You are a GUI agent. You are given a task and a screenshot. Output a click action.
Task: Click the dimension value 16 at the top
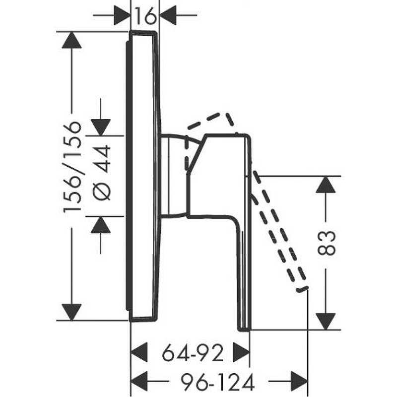click(x=145, y=16)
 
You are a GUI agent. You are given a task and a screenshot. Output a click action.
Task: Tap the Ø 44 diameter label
click(x=102, y=173)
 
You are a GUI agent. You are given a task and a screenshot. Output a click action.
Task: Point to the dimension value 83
click(x=326, y=243)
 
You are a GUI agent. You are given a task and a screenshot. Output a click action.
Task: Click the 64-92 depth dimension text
click(x=193, y=353)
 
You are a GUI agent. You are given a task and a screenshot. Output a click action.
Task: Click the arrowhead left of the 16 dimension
click(x=122, y=15)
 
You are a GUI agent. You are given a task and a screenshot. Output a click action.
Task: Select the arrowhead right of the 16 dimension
click(x=168, y=15)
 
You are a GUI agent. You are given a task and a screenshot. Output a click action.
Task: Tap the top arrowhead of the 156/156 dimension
click(x=71, y=40)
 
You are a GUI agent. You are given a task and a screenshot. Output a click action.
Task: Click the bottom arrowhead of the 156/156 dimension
click(x=71, y=312)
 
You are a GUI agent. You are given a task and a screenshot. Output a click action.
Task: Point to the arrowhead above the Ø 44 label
click(x=101, y=128)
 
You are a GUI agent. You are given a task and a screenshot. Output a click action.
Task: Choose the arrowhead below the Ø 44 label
click(x=101, y=225)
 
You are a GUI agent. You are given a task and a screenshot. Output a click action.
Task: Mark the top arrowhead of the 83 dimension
click(x=326, y=185)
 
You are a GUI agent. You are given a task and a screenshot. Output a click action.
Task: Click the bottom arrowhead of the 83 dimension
click(x=326, y=322)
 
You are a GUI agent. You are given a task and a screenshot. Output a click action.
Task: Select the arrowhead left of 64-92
click(x=139, y=352)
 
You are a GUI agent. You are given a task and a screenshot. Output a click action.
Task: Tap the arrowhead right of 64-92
click(x=241, y=352)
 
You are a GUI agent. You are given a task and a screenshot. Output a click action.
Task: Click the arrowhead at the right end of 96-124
click(x=299, y=381)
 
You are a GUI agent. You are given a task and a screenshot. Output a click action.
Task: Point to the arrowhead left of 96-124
click(x=139, y=381)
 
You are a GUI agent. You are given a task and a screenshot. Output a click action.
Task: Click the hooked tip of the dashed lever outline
click(x=303, y=289)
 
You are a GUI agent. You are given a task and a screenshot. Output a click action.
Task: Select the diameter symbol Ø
click(x=102, y=192)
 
